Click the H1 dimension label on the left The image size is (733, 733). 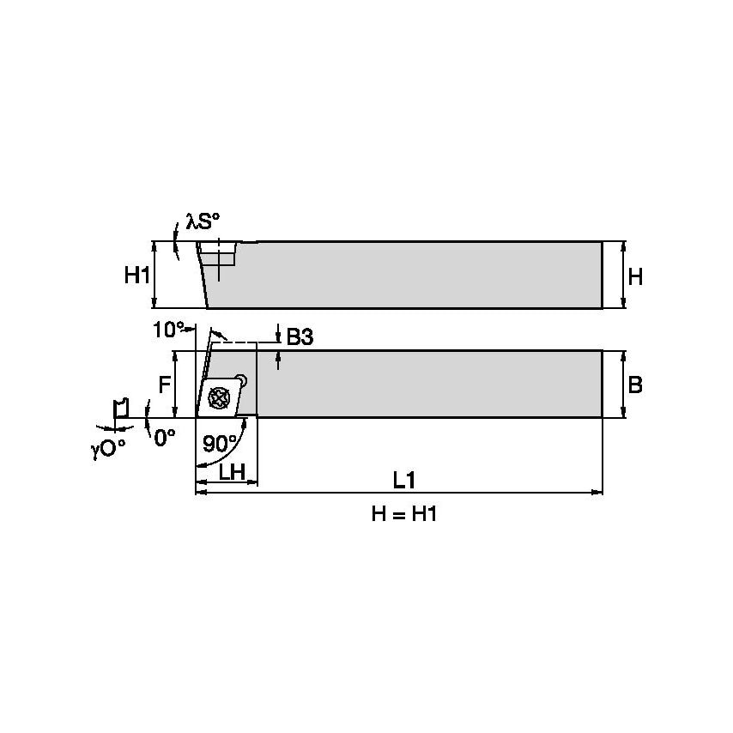[x=137, y=276]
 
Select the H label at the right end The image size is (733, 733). [x=635, y=276]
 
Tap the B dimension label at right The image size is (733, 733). [x=635, y=385]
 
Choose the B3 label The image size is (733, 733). [x=300, y=338]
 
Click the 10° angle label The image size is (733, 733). [x=168, y=330]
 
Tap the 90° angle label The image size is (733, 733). [x=221, y=444]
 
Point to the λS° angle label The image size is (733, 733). [x=203, y=223]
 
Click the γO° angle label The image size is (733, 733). [x=108, y=448]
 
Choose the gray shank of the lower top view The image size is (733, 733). [x=429, y=384]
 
